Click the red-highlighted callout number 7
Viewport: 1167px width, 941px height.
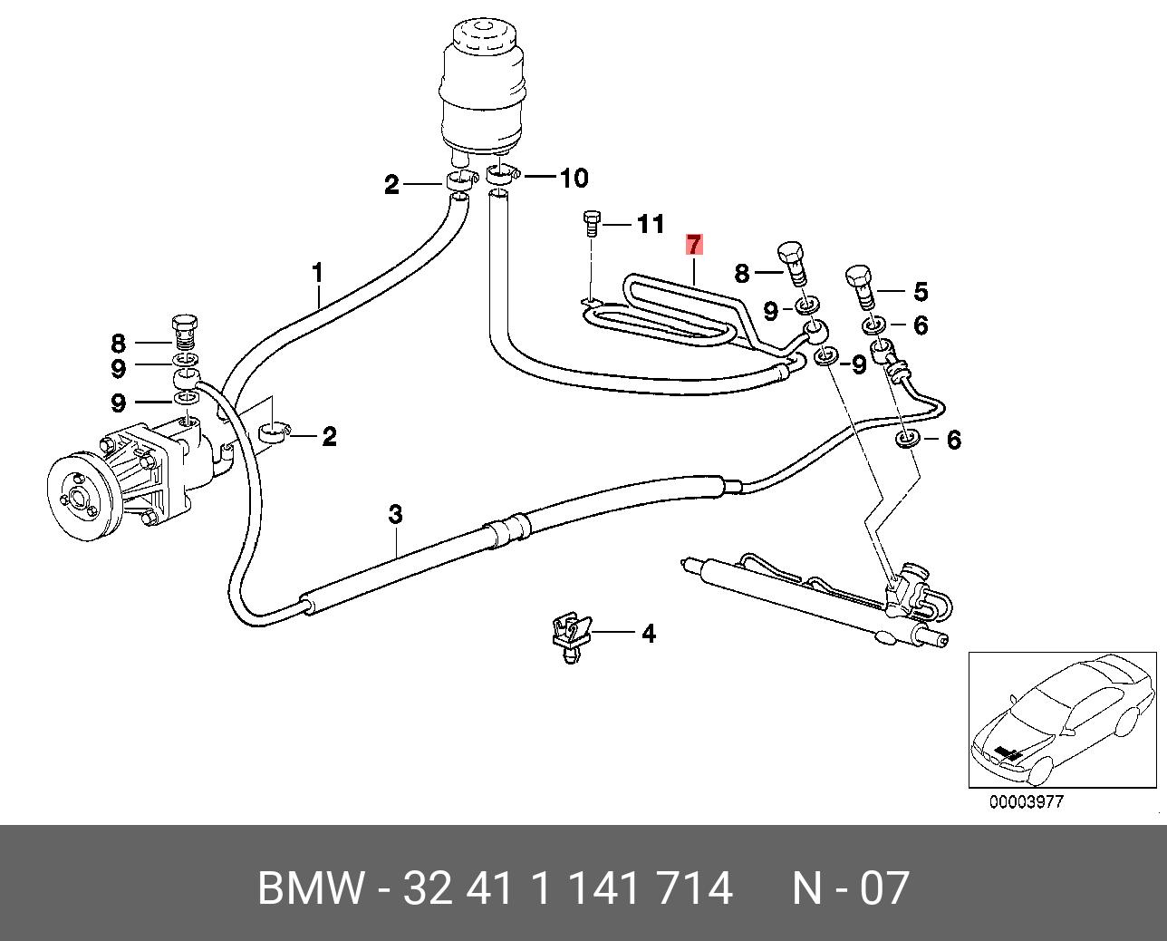coord(694,245)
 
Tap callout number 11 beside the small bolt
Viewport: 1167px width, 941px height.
coord(651,224)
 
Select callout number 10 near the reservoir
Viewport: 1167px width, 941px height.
coord(573,179)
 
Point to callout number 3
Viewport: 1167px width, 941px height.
coord(395,515)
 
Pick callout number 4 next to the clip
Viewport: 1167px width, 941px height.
coord(648,633)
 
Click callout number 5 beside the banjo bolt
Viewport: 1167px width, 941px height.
coord(920,292)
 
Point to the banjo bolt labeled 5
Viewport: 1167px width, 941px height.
coord(860,283)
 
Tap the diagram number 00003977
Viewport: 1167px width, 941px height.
coord(1026,801)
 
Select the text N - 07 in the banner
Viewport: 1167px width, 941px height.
coord(850,888)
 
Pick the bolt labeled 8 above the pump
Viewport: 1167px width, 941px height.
coord(185,332)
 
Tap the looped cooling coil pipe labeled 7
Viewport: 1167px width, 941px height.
coord(670,313)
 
